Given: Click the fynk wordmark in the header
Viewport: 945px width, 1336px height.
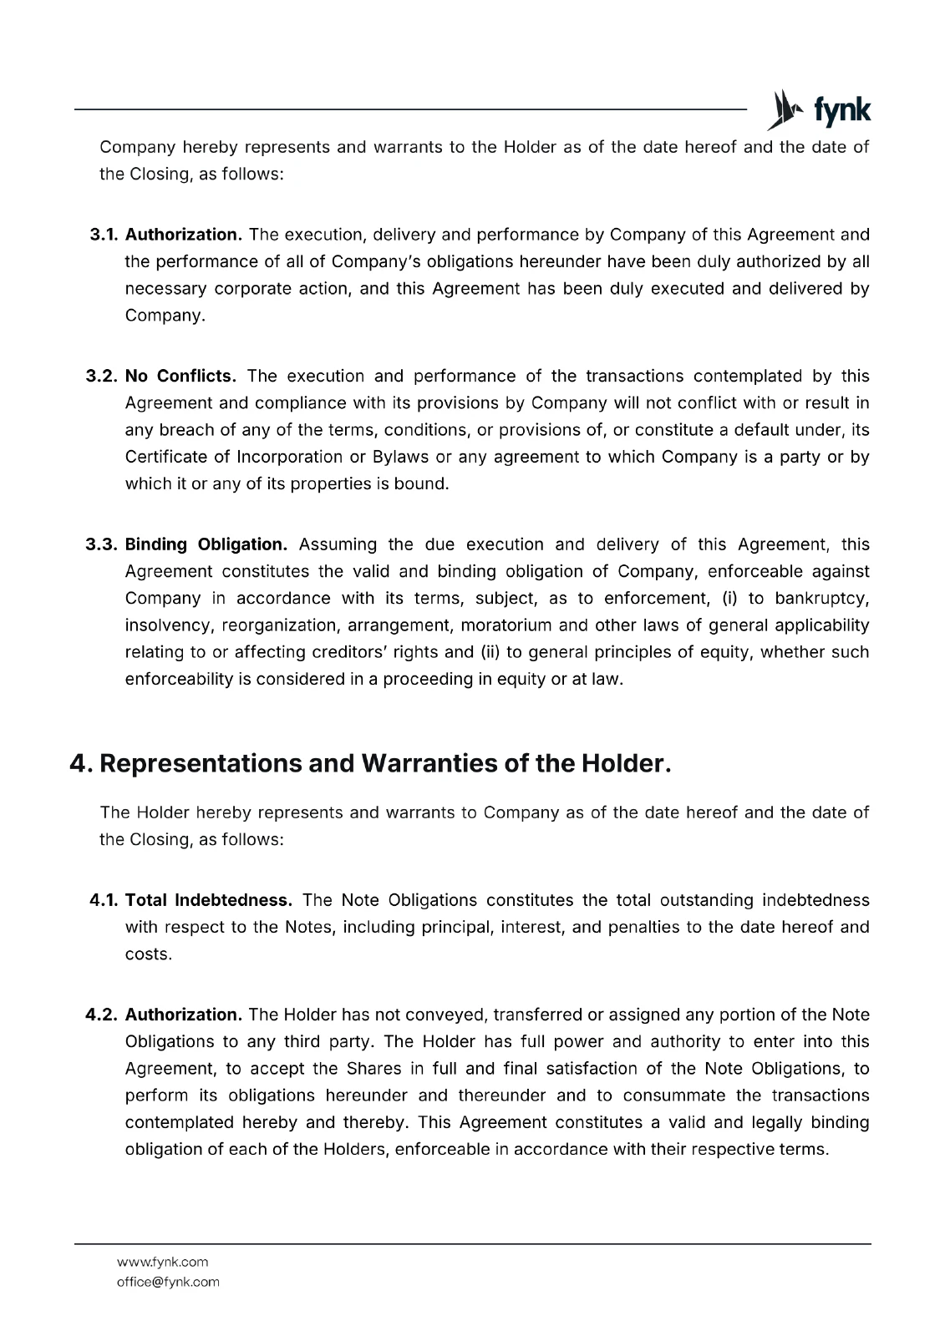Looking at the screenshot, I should [841, 111].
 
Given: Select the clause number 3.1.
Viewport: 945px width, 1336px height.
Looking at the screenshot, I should [104, 235].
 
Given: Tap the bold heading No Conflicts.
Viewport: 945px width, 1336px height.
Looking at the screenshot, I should [180, 376].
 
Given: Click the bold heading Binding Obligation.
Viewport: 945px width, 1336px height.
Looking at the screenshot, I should [206, 544].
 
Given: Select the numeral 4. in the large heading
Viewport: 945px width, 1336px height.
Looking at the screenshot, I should [81, 763].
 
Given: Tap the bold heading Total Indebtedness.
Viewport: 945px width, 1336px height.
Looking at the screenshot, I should [208, 900].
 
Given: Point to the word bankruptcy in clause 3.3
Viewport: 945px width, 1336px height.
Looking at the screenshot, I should [821, 598].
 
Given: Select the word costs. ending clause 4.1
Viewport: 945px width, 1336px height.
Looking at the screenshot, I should [148, 954].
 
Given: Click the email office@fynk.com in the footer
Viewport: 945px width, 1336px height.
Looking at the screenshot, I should [168, 1282].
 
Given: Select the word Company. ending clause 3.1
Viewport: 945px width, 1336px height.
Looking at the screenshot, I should [165, 316].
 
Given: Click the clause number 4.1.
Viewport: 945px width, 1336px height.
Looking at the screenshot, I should [104, 900].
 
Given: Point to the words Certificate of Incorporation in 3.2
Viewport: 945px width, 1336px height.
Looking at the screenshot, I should [233, 457].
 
